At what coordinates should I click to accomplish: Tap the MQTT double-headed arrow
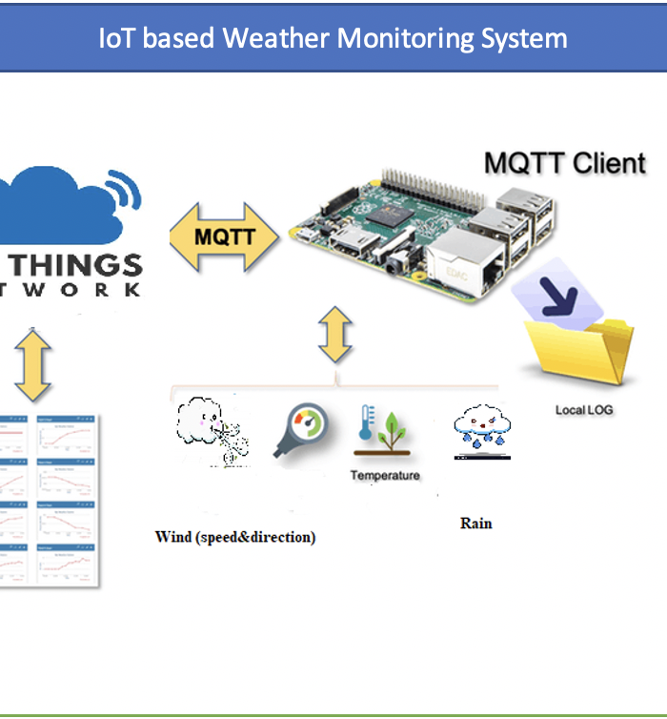point(225,235)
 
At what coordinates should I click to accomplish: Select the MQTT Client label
point(564,162)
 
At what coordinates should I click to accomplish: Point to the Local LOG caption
point(584,410)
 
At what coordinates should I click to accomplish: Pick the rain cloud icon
point(481,428)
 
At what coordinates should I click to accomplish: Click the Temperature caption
point(384,475)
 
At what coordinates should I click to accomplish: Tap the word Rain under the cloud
point(475,523)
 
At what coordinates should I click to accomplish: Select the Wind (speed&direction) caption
point(234,537)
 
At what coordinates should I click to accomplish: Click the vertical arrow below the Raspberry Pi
point(335,334)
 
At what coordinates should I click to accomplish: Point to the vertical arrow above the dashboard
point(32,365)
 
